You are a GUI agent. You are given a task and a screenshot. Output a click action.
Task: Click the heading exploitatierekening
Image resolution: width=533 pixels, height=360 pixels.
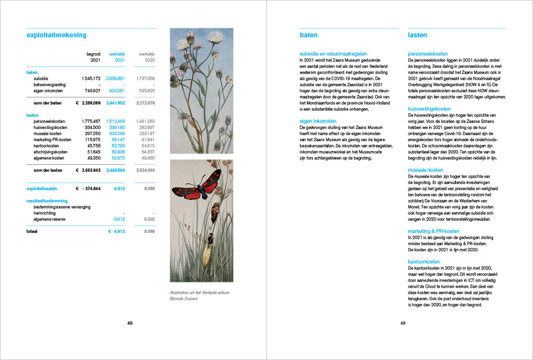(56, 35)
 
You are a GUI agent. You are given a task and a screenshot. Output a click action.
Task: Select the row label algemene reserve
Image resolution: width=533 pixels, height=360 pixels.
(50, 219)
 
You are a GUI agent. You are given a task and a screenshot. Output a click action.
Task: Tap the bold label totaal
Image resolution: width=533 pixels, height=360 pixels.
(32, 231)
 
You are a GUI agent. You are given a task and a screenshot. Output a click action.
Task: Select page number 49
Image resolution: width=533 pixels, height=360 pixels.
(403, 324)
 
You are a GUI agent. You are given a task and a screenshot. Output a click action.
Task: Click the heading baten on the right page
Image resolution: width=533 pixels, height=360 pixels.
(308, 35)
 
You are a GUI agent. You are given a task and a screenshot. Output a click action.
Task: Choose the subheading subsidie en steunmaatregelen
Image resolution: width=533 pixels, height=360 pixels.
(333, 54)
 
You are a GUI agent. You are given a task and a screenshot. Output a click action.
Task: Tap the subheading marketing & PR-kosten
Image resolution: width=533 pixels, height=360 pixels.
(434, 231)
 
